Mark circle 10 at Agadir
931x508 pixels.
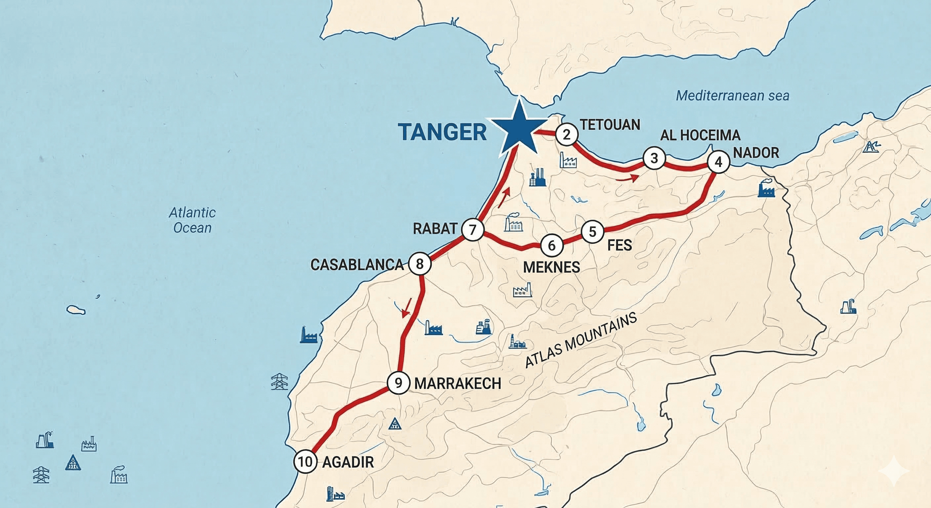(x=306, y=462)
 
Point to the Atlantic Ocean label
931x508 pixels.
(x=192, y=220)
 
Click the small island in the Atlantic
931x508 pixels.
(x=76, y=310)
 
